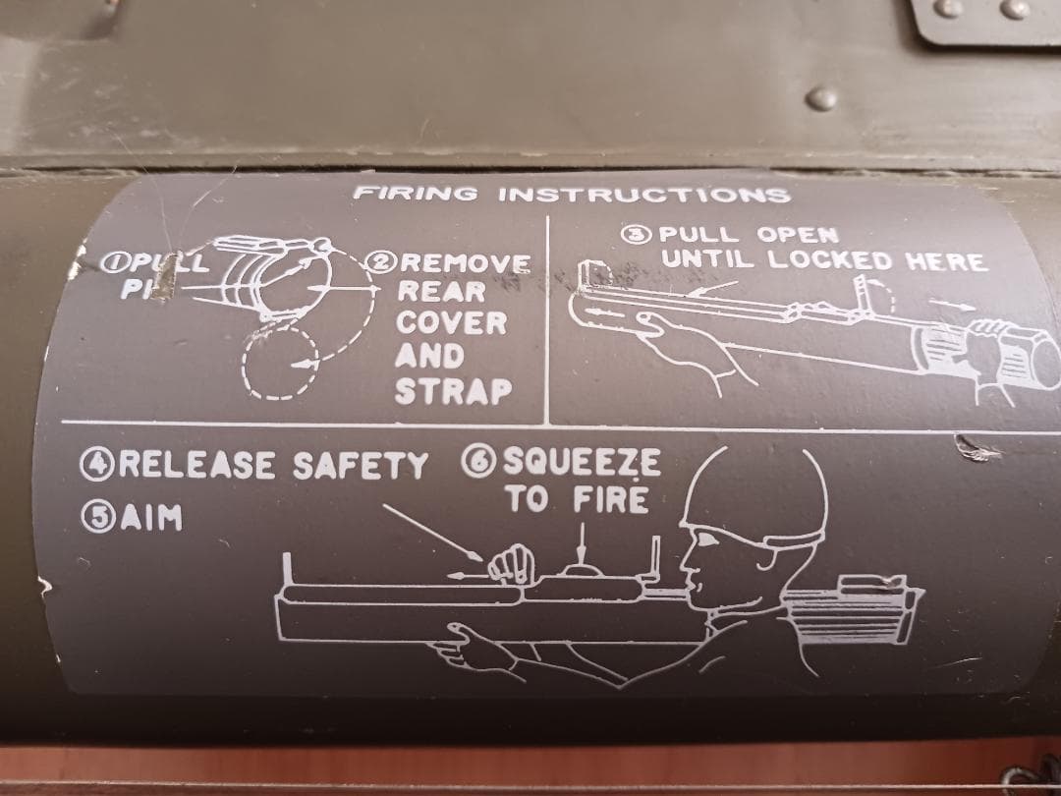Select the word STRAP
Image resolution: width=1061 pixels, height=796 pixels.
(x=453, y=390)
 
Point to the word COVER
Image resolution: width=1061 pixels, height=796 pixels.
(x=452, y=323)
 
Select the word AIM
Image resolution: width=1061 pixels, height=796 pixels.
(x=152, y=518)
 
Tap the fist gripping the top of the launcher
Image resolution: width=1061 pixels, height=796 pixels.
(x=511, y=566)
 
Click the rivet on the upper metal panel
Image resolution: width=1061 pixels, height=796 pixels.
(x=822, y=98)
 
